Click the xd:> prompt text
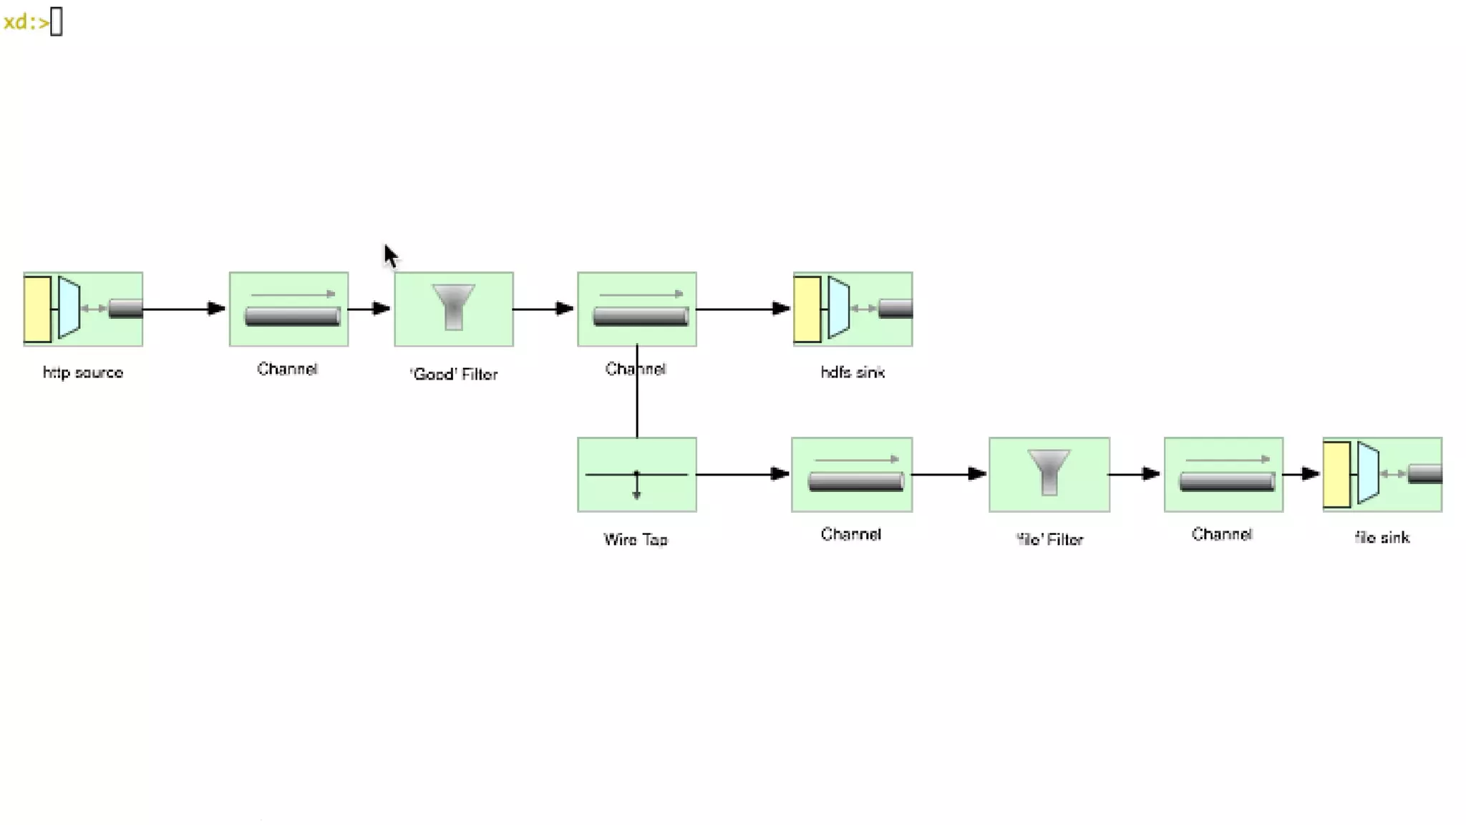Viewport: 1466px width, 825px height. (26, 22)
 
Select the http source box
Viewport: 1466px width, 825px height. (83, 309)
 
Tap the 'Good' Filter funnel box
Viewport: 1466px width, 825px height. (453, 309)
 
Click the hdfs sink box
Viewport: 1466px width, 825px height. (852, 309)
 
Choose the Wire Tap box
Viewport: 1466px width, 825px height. (636, 474)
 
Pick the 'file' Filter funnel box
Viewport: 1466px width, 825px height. (1049, 474)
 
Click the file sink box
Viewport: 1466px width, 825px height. (1382, 474)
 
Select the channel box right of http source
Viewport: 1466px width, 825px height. (288, 309)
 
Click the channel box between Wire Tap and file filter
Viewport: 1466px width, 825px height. (851, 474)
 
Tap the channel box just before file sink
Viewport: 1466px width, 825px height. (1223, 474)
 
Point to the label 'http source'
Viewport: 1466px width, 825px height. (83, 372)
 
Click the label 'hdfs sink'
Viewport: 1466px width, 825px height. (852, 372)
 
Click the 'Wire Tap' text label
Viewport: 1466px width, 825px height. (636, 539)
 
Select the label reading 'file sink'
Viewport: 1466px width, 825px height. (1382, 538)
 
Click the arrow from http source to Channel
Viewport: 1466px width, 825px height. (184, 309)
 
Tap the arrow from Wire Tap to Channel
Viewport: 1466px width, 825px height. (742, 474)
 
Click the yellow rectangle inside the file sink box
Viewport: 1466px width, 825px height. (1336, 474)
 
